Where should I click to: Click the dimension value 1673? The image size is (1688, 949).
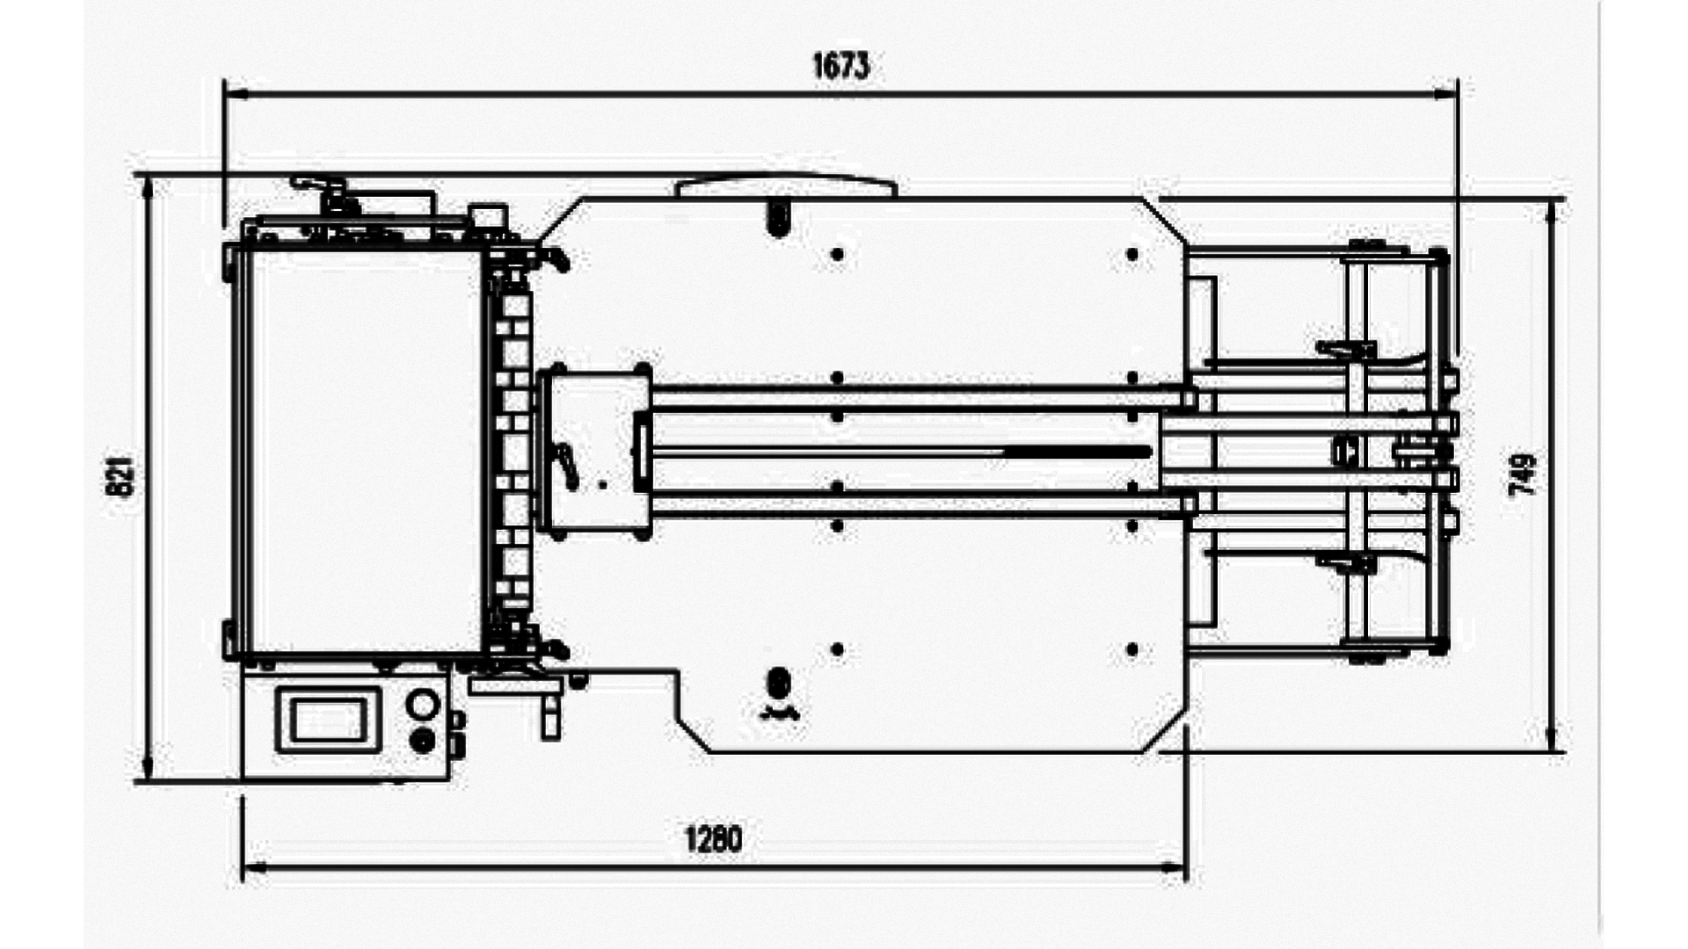[840, 66]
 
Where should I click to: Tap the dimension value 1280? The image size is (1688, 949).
[713, 839]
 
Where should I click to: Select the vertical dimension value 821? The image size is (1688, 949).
[122, 476]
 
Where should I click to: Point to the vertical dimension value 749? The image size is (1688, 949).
[1523, 474]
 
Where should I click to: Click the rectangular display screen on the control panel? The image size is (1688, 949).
[328, 721]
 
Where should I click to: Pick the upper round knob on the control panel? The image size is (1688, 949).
[423, 705]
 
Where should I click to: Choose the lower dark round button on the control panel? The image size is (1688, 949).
[423, 742]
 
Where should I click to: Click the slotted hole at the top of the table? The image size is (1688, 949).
[778, 217]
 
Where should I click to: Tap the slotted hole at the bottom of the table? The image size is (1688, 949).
[778, 683]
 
